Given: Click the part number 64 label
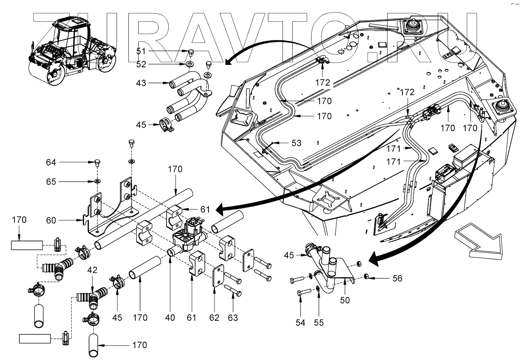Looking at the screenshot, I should tap(51, 162).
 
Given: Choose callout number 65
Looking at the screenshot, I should tap(51, 182).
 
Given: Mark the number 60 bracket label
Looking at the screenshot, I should tap(51, 220).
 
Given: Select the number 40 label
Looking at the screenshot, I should tap(170, 317).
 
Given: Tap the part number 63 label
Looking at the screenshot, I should tap(233, 317).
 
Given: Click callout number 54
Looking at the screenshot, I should tap(300, 322).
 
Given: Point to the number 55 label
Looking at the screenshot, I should tap(318, 322).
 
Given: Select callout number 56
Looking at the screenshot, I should tap(386, 278).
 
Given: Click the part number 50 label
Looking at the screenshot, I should tap(345, 300).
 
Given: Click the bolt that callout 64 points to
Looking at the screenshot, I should tap(97, 163).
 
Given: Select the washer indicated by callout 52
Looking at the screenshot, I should tap(189, 64).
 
